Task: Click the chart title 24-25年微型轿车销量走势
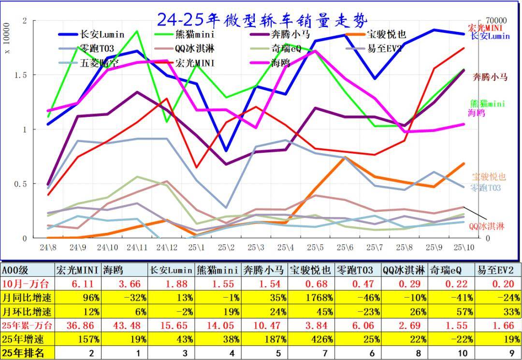point(262,19)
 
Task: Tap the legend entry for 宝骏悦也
point(386,34)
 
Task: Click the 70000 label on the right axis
point(495,21)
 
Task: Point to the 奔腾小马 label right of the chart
point(490,76)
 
